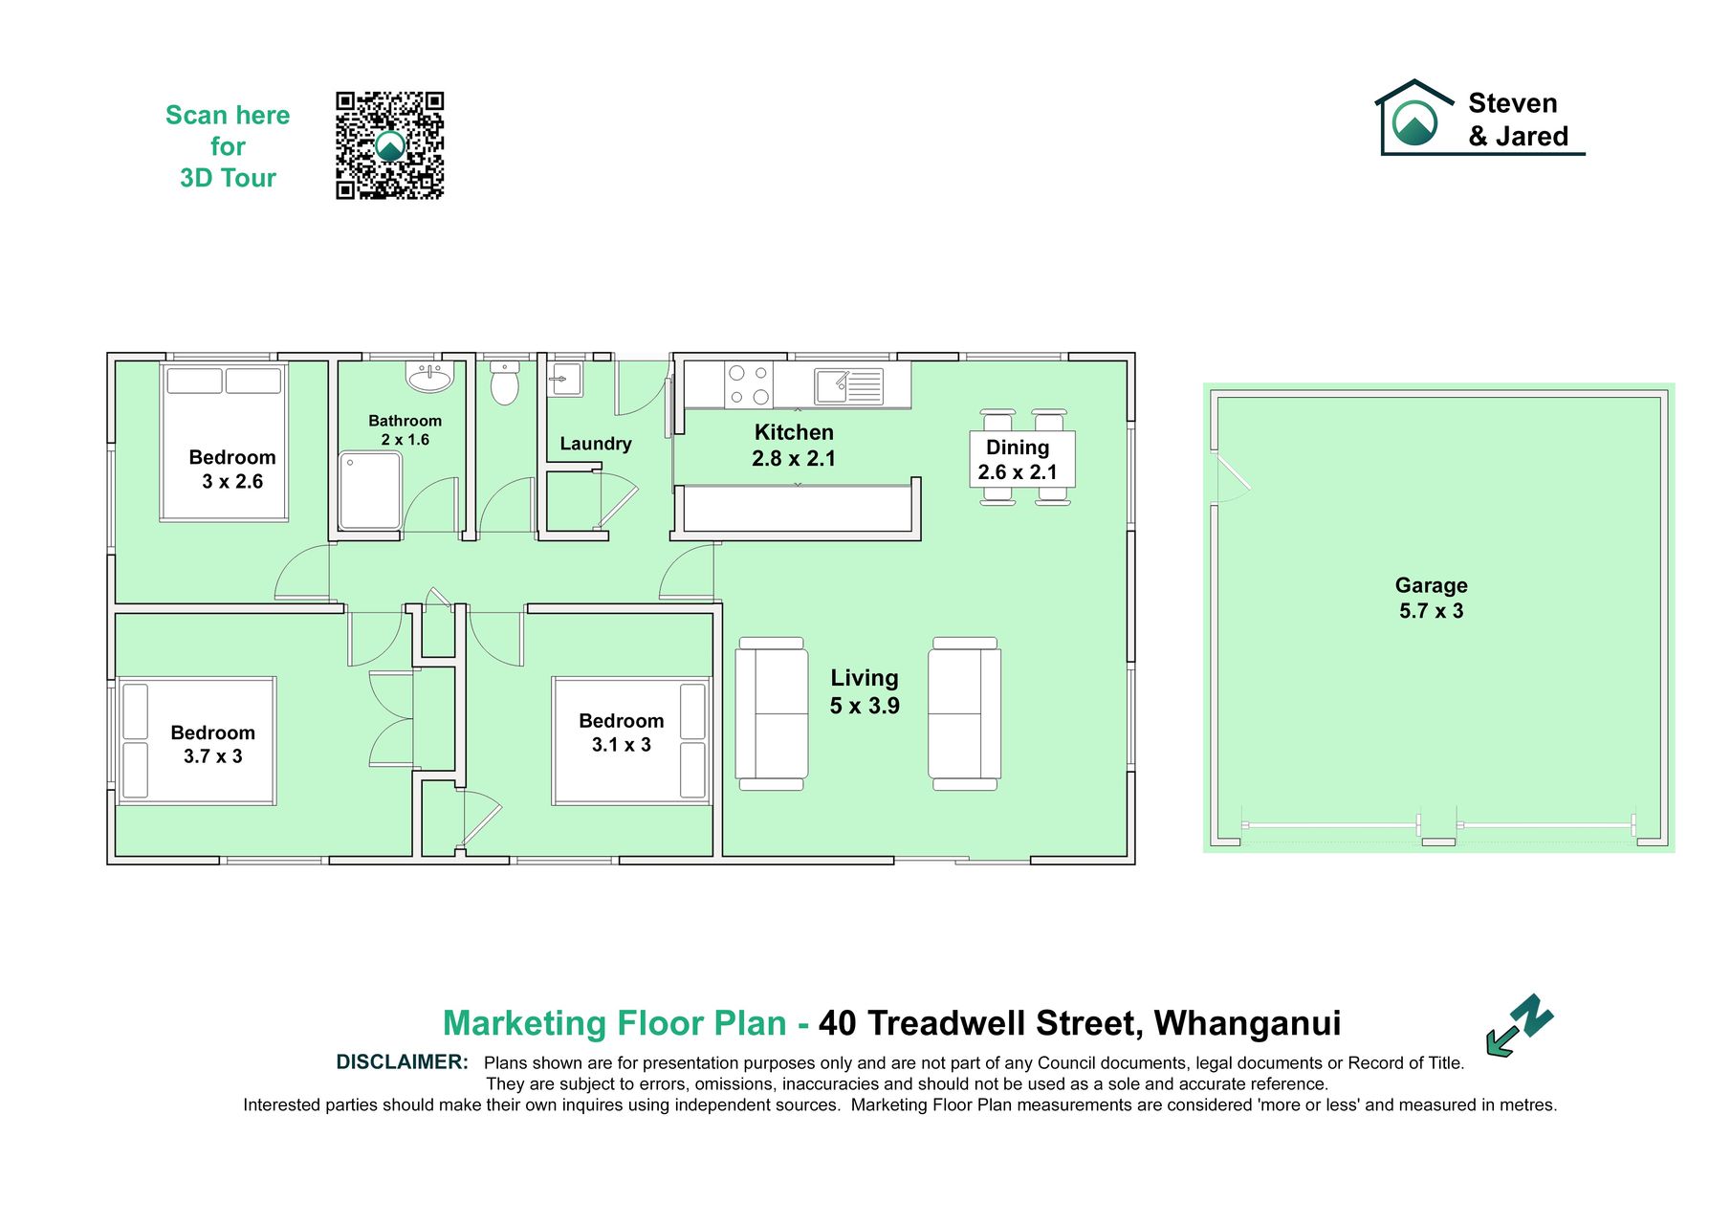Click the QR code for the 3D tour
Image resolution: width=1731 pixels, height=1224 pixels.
point(389,145)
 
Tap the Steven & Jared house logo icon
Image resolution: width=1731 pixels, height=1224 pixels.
point(1414,117)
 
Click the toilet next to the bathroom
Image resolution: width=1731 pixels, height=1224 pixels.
point(504,382)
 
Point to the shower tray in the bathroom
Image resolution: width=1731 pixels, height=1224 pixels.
point(370,491)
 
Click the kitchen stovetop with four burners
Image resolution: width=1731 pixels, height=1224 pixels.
point(749,384)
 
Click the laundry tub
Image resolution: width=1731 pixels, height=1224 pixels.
point(565,379)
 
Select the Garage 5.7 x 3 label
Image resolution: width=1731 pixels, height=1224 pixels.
point(1431,598)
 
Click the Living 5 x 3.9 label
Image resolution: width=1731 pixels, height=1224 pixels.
point(865,691)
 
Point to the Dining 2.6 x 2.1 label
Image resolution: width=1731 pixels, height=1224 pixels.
point(1018,459)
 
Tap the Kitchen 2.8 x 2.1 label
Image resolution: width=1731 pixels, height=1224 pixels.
point(794,446)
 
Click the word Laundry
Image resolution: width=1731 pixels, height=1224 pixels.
point(596,444)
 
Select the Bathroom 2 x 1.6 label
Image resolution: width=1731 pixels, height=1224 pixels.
point(405,430)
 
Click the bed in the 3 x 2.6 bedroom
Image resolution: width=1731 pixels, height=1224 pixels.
point(224,442)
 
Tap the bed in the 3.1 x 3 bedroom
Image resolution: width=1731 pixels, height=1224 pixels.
point(631,741)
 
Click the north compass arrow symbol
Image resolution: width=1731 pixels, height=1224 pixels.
point(1520,1024)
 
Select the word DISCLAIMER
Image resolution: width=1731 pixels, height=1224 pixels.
point(402,1062)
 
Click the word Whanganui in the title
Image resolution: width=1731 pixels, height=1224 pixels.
point(1247,1023)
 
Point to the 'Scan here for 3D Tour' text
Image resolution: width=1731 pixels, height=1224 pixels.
point(228,146)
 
